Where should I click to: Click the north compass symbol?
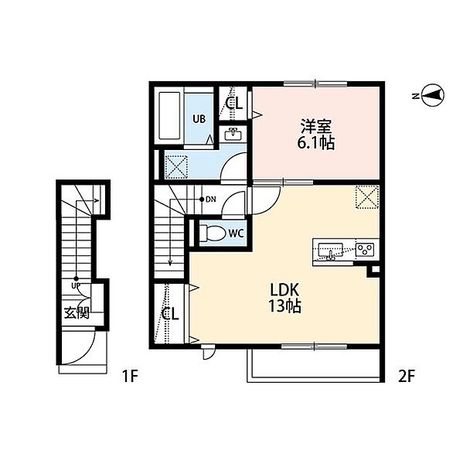[433, 95]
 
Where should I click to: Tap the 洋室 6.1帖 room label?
[316, 134]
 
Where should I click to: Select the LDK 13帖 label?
[284, 298]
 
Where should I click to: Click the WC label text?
[237, 234]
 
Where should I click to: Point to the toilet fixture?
[212, 234]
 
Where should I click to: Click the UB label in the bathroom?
[199, 119]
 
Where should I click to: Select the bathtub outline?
[169, 116]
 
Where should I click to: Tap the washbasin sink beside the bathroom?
[233, 135]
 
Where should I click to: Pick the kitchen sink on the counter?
[331, 251]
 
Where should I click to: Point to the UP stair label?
[76, 286]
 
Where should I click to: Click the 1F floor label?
[130, 377]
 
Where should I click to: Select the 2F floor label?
[407, 377]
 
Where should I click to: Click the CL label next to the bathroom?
[233, 104]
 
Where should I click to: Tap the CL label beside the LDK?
[170, 314]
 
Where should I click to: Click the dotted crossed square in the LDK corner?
[367, 197]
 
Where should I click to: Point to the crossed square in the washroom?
[176, 167]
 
